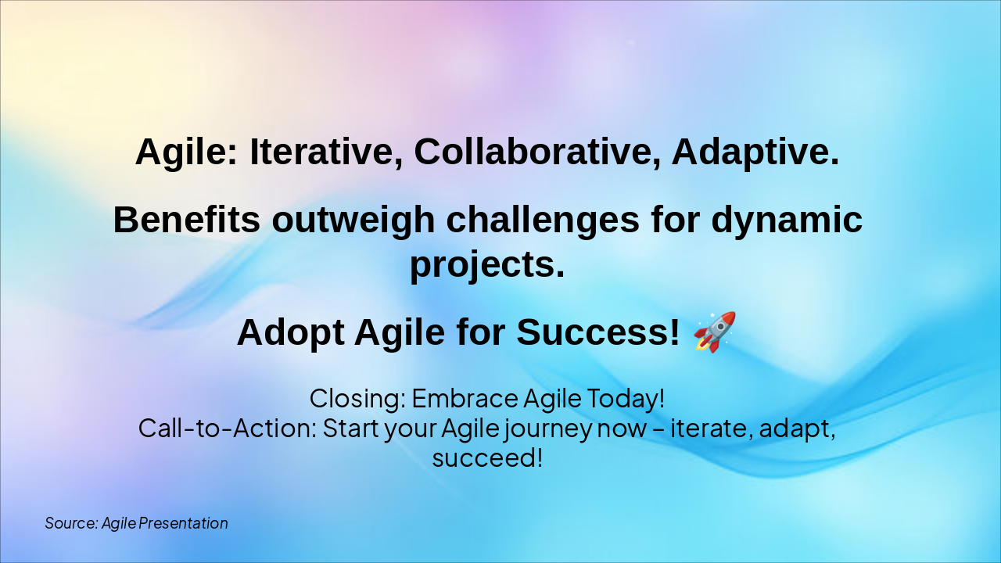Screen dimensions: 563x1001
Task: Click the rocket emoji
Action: point(715,332)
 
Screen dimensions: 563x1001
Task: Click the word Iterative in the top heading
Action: point(326,152)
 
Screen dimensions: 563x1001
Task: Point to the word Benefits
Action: point(186,220)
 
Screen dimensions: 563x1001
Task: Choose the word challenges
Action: point(542,220)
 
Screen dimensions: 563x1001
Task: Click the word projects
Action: point(486,265)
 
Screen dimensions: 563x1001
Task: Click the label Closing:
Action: point(357,398)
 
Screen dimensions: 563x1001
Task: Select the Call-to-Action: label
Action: point(227,428)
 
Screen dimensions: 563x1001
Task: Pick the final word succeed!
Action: point(486,457)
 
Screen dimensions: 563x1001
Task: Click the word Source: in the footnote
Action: point(70,523)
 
